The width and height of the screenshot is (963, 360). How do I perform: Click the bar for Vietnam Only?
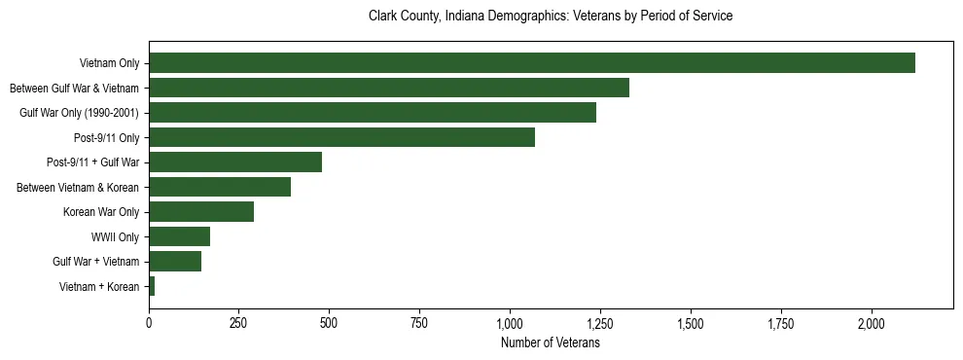click(532, 63)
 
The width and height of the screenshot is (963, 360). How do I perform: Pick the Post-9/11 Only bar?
click(341, 137)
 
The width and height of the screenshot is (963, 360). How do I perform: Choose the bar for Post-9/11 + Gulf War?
click(235, 162)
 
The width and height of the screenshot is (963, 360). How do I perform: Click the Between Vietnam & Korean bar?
click(220, 187)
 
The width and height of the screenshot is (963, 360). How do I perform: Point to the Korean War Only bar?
click(201, 212)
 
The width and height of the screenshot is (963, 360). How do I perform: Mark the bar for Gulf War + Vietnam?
click(175, 261)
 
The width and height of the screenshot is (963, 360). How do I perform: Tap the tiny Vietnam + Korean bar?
click(152, 286)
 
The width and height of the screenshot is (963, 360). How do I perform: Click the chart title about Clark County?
click(551, 17)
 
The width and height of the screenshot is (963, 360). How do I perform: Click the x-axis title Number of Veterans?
click(551, 343)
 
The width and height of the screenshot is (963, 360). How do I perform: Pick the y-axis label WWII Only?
click(115, 236)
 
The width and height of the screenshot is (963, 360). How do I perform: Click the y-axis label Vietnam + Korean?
click(99, 286)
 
